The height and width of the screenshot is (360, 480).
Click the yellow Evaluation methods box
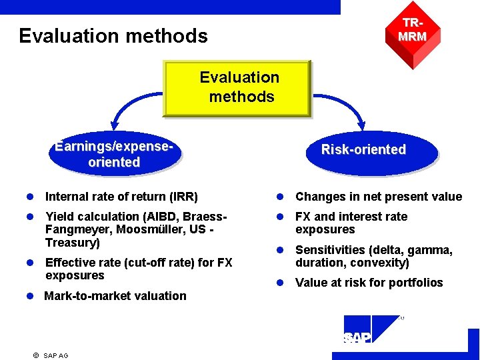pos(238,88)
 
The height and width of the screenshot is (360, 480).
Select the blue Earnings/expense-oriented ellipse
pos(114,155)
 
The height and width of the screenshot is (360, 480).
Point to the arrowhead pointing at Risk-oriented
pos(363,123)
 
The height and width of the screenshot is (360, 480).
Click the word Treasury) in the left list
pos(73,243)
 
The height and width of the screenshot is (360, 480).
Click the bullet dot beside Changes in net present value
pos(283,197)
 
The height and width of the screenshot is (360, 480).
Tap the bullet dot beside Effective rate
pos(31,263)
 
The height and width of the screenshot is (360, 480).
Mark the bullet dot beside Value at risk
pos(283,283)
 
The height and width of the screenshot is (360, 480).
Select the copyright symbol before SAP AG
pos(35,355)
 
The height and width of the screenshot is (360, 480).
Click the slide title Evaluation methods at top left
pos(113,35)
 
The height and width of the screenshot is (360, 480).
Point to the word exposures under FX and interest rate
pos(325,229)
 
